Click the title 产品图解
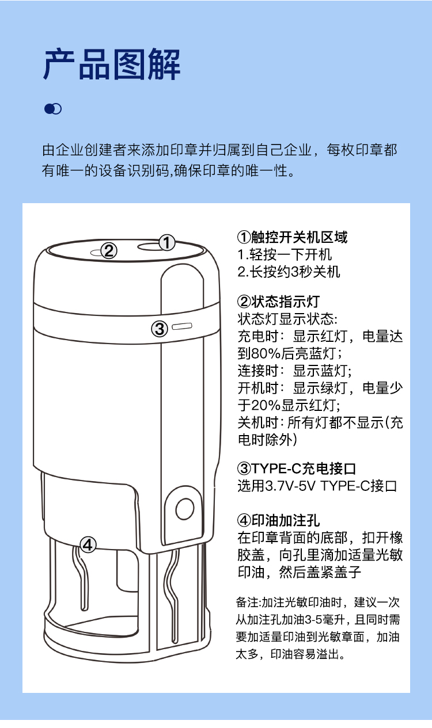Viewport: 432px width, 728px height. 112,64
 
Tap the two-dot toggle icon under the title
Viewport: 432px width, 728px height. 52,109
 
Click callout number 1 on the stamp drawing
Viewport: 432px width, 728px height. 167,243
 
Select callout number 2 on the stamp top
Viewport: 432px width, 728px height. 108,251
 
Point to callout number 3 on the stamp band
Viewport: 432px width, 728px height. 160,329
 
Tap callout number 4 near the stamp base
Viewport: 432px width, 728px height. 88,544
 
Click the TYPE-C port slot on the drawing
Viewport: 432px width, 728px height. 182,326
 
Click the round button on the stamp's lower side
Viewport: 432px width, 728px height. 185,509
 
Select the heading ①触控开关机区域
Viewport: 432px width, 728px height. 293,237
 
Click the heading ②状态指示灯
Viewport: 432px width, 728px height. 278,302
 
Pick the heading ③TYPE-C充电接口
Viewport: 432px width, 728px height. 296,468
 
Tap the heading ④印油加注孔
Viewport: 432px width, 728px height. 278,520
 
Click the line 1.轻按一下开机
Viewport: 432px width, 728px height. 285,254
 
